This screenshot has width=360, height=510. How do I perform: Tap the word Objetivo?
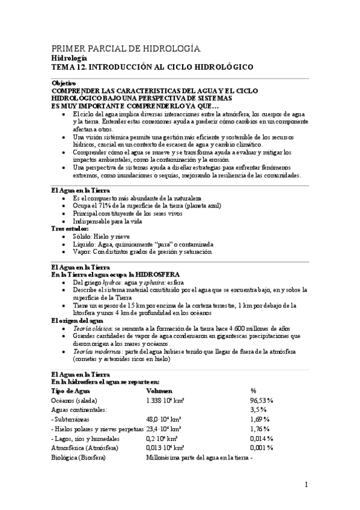(64, 82)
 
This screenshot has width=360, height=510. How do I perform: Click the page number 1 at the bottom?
(305, 484)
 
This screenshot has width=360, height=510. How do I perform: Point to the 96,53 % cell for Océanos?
(262, 400)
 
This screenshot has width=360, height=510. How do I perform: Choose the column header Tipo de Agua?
(70, 390)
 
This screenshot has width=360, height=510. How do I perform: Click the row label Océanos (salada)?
(75, 400)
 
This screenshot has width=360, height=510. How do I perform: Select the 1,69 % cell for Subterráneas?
(260, 419)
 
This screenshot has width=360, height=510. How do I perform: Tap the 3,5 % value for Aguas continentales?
(258, 409)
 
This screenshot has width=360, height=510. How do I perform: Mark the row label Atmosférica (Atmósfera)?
(85, 447)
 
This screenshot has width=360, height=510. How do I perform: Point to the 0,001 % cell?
(261, 447)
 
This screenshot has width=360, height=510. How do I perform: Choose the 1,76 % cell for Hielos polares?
(260, 428)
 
